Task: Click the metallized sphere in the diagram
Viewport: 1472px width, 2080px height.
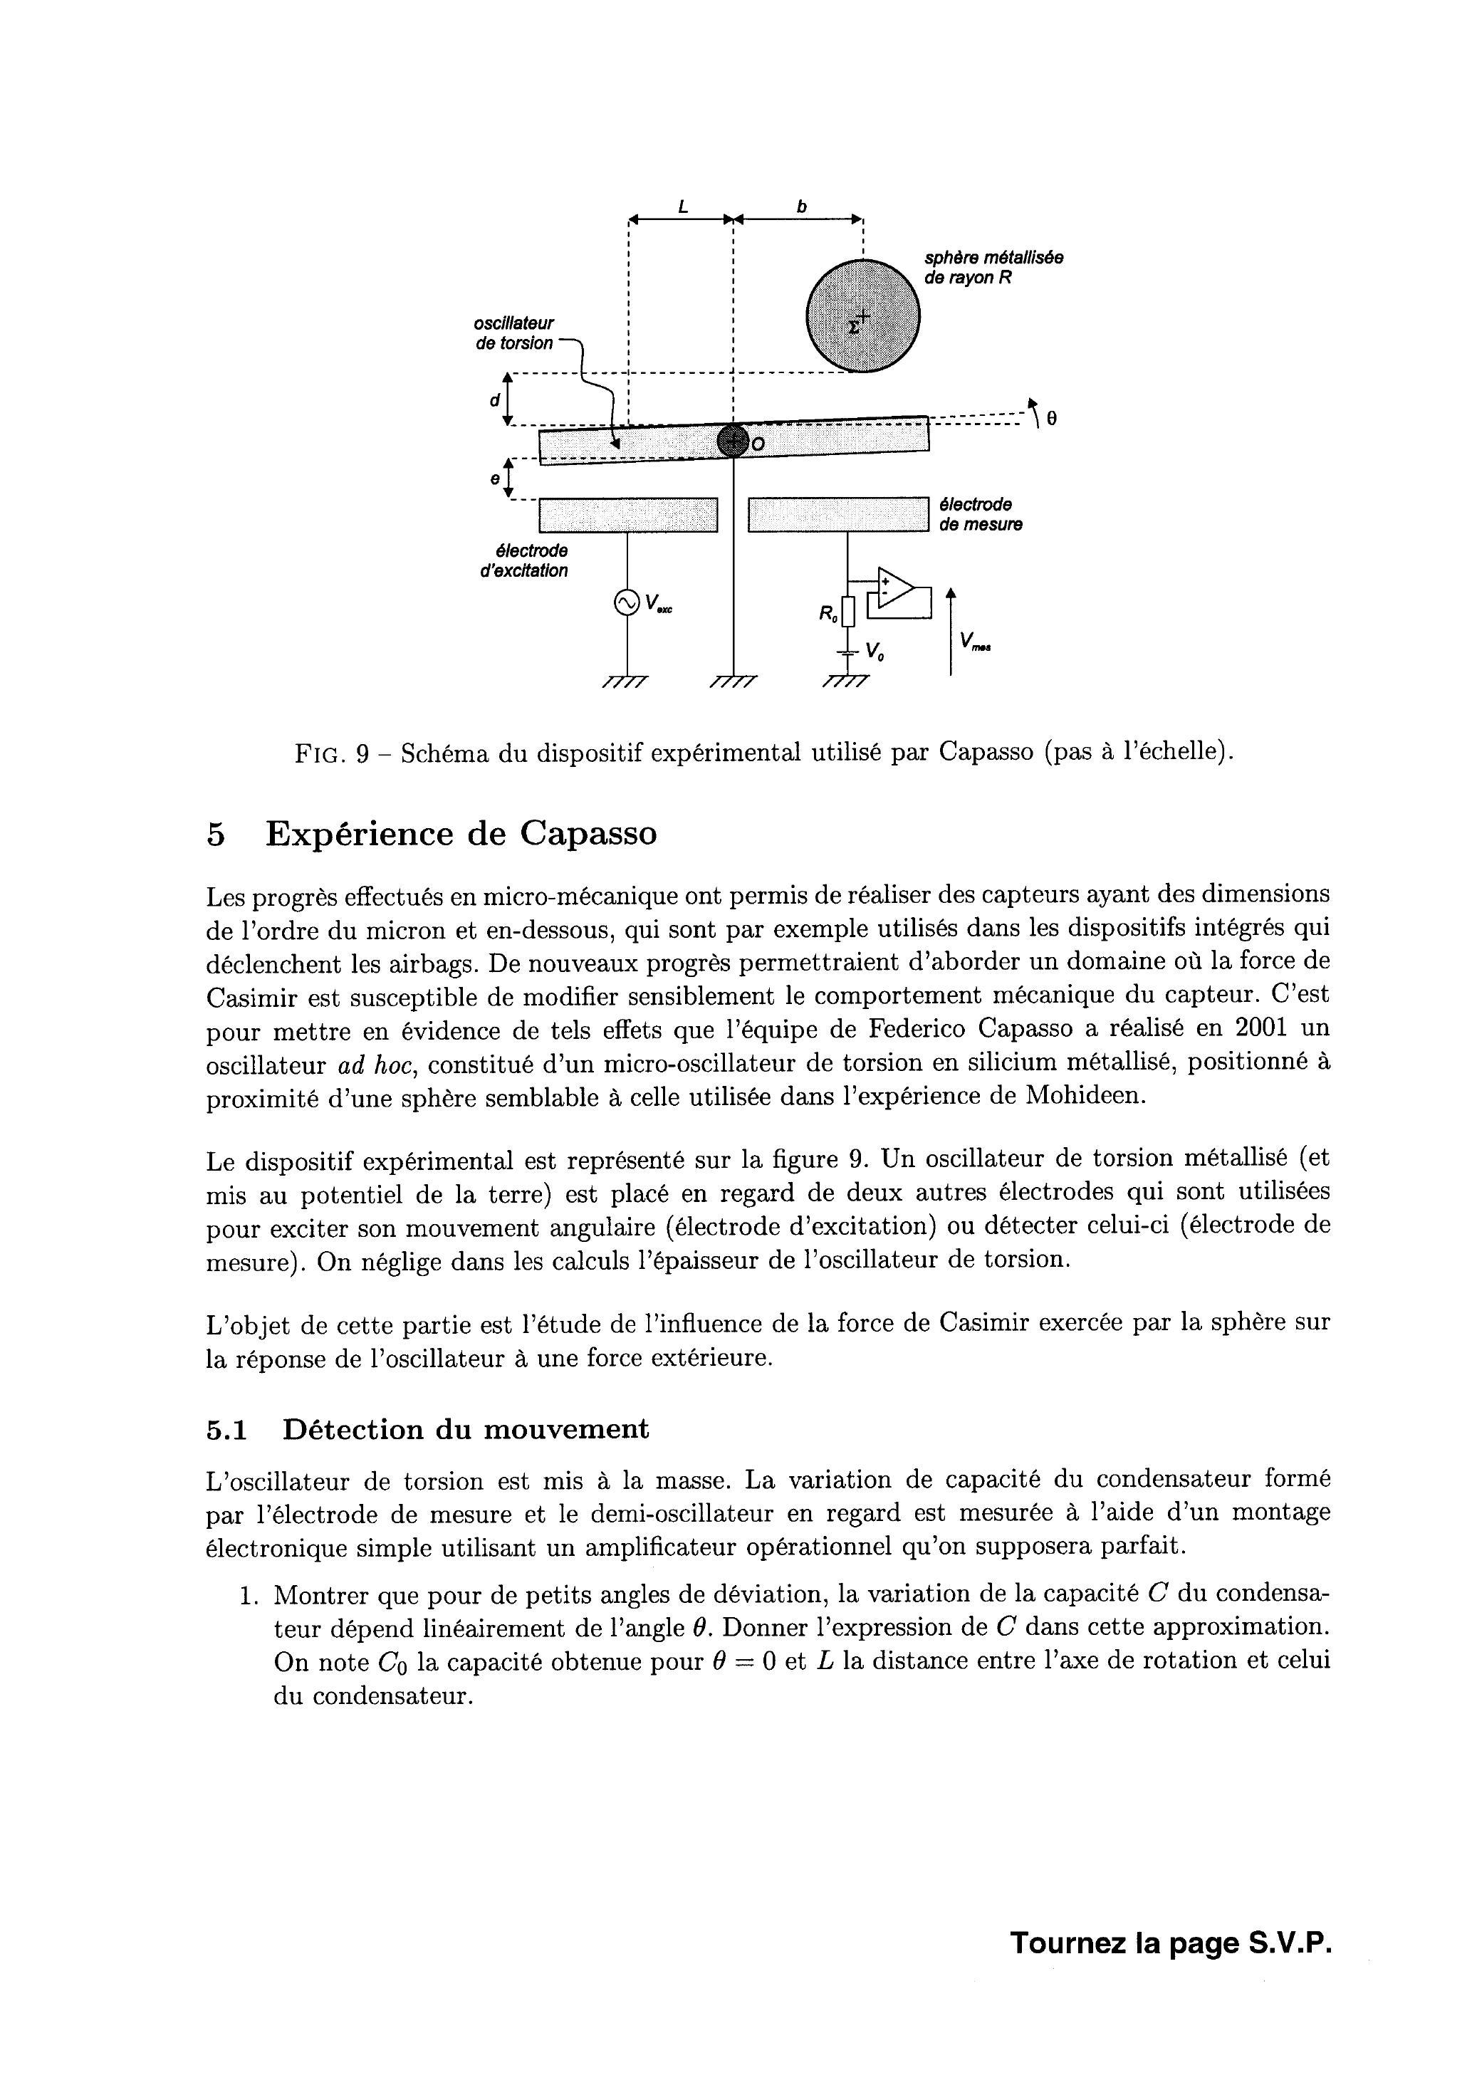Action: [x=862, y=315]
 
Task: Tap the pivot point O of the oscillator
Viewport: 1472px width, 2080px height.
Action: [x=732, y=441]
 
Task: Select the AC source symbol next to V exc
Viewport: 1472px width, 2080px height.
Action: [x=626, y=602]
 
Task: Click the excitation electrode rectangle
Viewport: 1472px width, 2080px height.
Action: [x=627, y=515]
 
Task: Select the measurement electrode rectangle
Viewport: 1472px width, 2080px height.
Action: [x=838, y=515]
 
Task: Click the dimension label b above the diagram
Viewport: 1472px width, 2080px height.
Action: [x=801, y=207]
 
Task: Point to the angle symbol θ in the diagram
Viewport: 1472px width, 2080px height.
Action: [x=1050, y=419]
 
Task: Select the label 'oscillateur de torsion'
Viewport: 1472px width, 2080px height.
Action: [x=514, y=333]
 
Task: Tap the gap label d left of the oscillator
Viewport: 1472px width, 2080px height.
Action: [x=495, y=399]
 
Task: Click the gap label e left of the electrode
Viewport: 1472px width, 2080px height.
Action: [x=495, y=479]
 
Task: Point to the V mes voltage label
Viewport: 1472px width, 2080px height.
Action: [x=973, y=642]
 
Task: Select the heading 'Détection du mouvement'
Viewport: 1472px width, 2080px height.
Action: [x=466, y=1429]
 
